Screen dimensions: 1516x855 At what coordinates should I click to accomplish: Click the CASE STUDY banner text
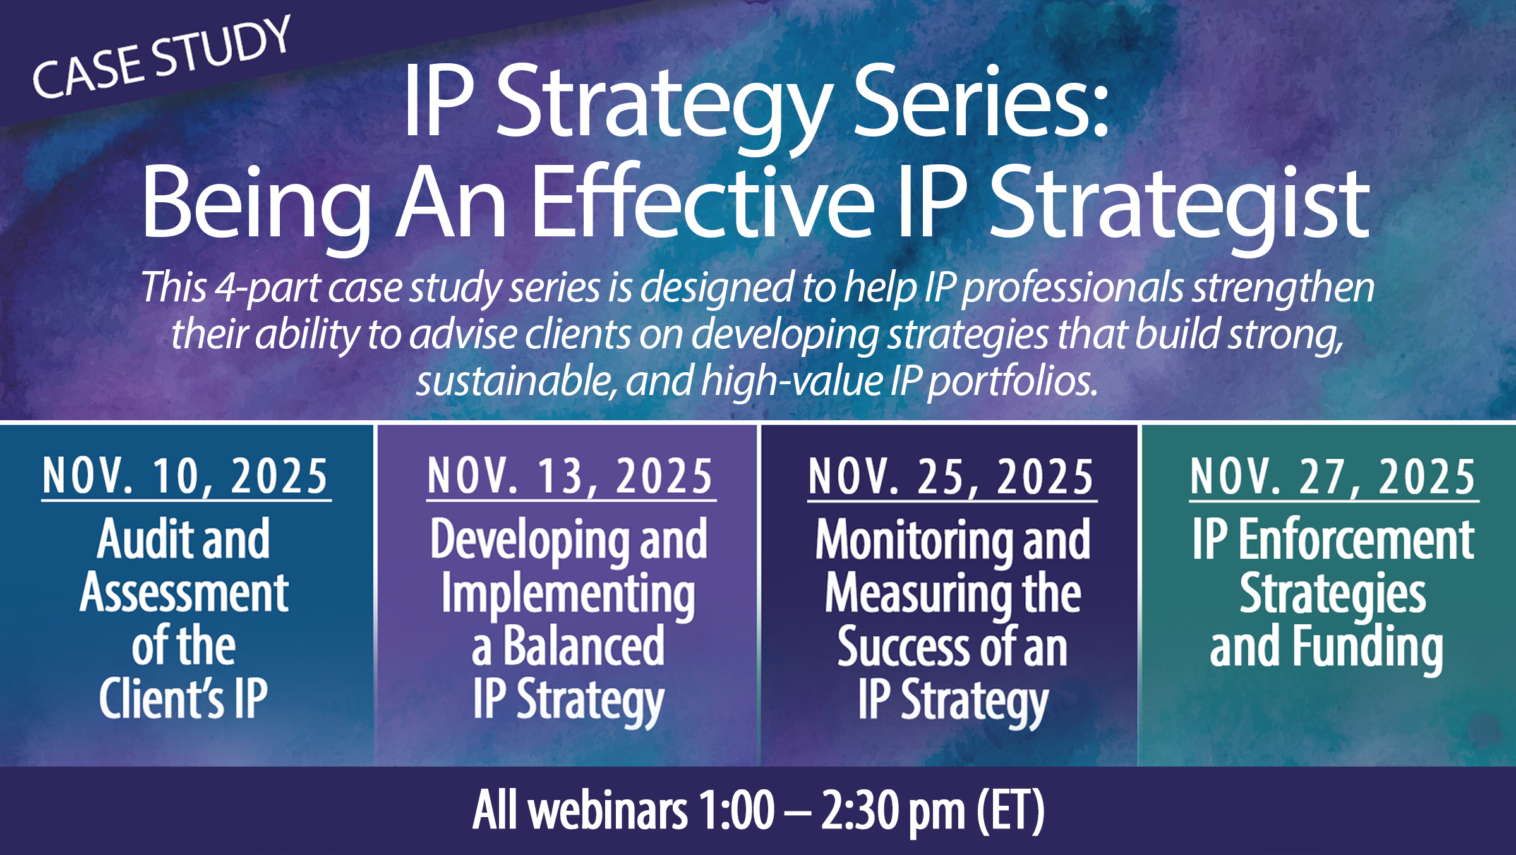tap(162, 57)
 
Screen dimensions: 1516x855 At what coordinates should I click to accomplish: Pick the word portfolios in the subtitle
tap(1013, 382)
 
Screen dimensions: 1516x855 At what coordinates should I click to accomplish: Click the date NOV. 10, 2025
tap(186, 476)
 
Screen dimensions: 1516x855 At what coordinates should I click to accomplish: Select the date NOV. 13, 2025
tap(570, 476)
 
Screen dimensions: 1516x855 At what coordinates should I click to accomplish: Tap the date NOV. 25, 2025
tap(952, 476)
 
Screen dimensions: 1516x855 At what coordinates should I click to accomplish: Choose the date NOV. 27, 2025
tap(1333, 476)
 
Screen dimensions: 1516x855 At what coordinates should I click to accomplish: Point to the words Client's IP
tap(183, 698)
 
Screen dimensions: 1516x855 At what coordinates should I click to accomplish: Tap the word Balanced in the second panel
tap(584, 645)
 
